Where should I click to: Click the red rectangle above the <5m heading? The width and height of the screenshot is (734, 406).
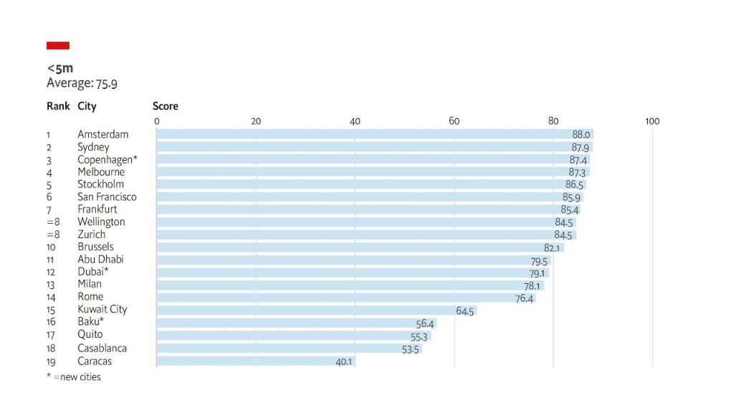point(58,46)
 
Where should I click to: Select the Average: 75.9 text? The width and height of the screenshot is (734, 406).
point(82,83)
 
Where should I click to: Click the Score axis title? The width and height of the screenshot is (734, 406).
point(166,106)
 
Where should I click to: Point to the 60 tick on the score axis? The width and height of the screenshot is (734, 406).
point(454,121)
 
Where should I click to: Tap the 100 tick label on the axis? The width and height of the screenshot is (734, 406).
point(652,121)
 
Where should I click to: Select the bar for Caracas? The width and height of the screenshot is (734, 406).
point(255,362)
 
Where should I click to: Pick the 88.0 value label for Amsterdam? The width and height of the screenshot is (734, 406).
point(581,135)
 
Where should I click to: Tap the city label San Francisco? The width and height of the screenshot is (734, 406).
point(107,197)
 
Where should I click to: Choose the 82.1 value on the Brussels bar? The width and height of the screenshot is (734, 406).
point(551,248)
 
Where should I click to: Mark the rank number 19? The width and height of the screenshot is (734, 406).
point(50,362)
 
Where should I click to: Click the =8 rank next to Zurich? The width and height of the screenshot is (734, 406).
point(52,235)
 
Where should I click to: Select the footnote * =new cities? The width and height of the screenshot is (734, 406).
point(74,377)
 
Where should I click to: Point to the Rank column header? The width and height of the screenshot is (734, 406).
point(58,106)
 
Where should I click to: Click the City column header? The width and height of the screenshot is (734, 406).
point(87,106)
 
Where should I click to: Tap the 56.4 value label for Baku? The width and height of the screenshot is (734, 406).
point(425,324)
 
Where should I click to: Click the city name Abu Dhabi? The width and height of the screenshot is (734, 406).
point(100,260)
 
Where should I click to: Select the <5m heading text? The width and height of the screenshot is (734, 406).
point(60,69)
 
